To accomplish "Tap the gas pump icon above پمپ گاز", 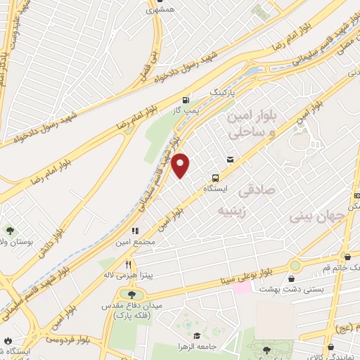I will [185, 100].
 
